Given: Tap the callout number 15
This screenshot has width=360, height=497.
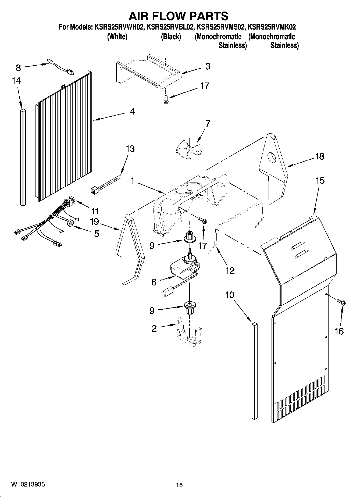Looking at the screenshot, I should (320, 181).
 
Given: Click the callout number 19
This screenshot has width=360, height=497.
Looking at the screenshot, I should (94, 222).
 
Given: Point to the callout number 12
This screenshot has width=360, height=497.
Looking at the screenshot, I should (230, 271).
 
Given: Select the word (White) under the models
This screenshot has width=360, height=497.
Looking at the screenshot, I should (117, 37).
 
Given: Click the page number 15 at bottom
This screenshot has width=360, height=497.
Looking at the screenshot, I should (179, 485).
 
